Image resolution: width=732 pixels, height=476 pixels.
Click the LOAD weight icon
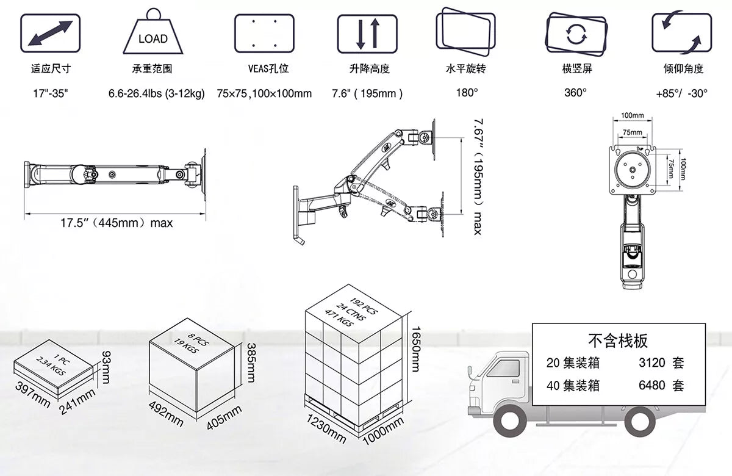[153, 31]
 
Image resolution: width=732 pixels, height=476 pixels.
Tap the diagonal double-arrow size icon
[50, 33]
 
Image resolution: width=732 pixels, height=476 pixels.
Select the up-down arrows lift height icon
[367, 34]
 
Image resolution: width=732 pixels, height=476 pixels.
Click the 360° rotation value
[575, 93]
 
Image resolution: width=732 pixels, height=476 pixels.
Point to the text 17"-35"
[51, 93]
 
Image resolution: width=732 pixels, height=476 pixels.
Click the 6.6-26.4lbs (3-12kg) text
[157, 93]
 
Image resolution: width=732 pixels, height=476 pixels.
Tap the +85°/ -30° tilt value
[682, 93]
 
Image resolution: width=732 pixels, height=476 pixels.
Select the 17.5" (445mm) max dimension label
[117, 223]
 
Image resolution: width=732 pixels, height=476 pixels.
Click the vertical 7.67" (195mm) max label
[478, 176]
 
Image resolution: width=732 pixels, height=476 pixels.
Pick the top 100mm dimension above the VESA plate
[633, 115]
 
